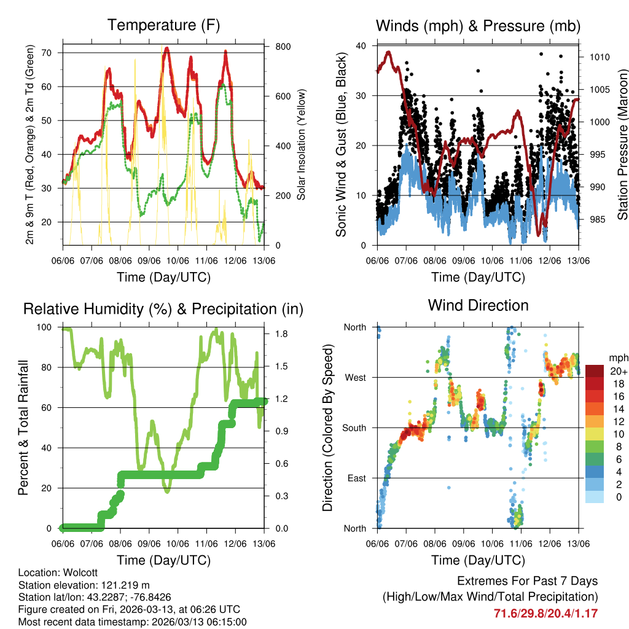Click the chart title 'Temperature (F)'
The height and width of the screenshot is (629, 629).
pos(163,26)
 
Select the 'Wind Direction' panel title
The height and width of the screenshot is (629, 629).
pos(478,305)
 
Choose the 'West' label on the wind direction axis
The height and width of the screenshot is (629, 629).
pos(354,378)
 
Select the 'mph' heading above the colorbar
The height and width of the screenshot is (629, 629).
pos(617,357)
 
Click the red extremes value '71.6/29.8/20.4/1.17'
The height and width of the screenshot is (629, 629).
pos(545,613)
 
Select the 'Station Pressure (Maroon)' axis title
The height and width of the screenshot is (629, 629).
pos(622,145)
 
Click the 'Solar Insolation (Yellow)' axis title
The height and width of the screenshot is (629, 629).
pos(301,145)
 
